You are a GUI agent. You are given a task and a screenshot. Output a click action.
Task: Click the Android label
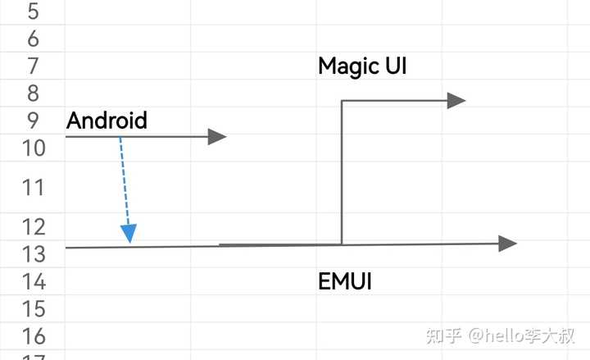(x=107, y=121)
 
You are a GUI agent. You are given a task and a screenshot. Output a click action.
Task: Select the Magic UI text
(x=362, y=66)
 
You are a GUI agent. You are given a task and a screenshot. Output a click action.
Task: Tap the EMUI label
(x=345, y=281)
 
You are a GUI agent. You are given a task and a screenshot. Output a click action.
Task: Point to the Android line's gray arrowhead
(x=217, y=137)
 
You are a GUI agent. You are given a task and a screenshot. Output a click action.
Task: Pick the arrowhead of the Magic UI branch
(x=456, y=101)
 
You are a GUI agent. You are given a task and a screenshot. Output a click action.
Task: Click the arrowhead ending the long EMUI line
(x=508, y=244)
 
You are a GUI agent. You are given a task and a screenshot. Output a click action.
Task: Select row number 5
(x=33, y=11)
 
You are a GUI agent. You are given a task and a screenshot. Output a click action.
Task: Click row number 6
(x=33, y=39)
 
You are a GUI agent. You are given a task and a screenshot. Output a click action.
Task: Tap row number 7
(x=33, y=66)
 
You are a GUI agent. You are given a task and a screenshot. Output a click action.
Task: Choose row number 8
(x=33, y=93)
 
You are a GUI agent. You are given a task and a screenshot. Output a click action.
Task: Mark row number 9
(x=33, y=121)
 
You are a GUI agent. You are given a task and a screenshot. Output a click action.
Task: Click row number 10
(x=34, y=148)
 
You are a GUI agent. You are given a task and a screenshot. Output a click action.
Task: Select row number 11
(x=33, y=187)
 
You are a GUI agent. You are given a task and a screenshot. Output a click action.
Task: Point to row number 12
(x=34, y=226)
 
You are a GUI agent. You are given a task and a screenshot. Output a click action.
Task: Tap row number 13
(x=34, y=254)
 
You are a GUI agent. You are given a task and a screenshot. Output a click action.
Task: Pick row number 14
(x=34, y=281)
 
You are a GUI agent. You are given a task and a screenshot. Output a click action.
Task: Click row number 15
(x=34, y=309)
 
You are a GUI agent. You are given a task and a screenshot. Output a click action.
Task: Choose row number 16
(x=34, y=336)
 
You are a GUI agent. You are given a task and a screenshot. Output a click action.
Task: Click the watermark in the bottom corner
(x=501, y=335)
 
